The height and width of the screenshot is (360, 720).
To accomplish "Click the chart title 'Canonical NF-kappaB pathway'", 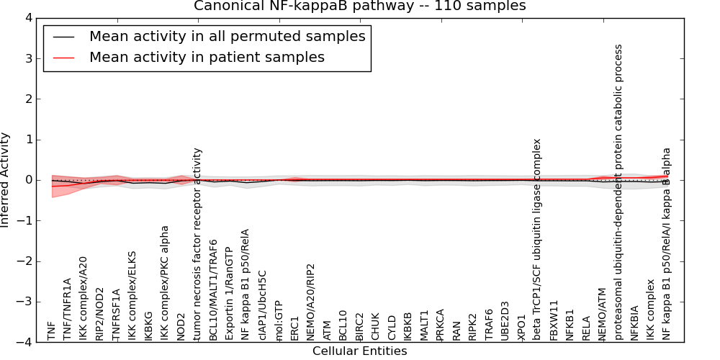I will (x=360, y=6).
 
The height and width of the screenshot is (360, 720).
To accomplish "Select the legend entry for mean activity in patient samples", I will (x=207, y=57).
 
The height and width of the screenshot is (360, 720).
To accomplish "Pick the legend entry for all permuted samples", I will (x=227, y=36).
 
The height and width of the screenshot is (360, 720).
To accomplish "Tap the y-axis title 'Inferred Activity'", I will (x=6, y=180).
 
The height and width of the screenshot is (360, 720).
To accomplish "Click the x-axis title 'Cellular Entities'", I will (x=360, y=351).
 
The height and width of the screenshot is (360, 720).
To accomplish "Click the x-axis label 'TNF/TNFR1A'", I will (x=67, y=309).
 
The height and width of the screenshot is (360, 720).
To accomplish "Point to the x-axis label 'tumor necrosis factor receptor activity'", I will (x=198, y=244).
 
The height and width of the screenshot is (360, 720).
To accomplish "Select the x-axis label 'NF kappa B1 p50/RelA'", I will (x=246, y=284).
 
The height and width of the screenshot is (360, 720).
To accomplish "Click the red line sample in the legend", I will (x=63, y=57).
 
